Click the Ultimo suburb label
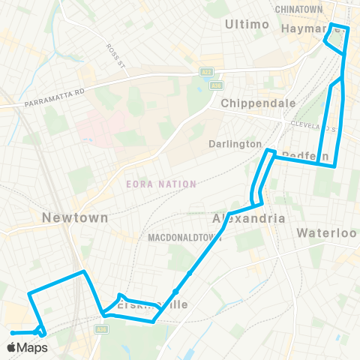[x=247, y=25]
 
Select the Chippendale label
[x=250, y=103]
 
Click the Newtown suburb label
[x=75, y=217]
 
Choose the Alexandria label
[x=249, y=218]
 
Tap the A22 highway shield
[x=206, y=72]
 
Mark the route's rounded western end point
[x=13, y=332]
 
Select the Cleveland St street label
[x=323, y=127]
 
